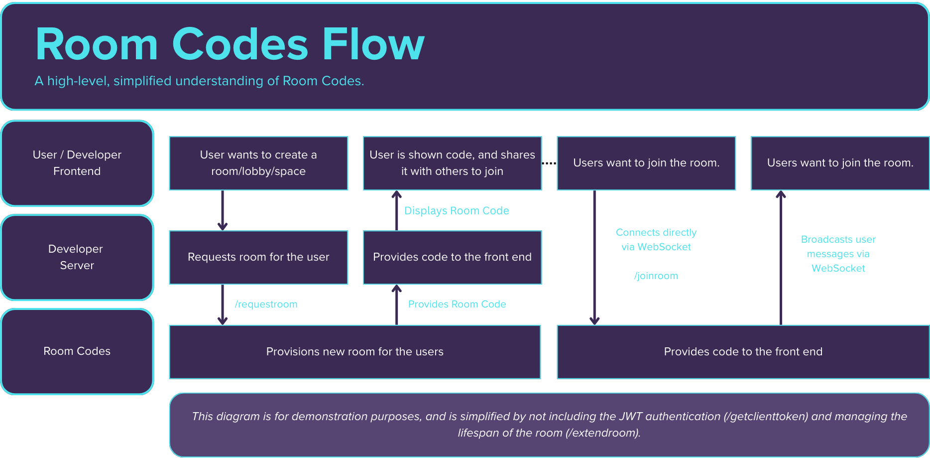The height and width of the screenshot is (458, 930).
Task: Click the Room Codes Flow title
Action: coord(230,44)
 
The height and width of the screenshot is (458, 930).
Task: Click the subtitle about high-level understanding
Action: coord(199,81)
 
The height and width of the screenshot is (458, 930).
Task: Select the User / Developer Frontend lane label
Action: coord(77,163)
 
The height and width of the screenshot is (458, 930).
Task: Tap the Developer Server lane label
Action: coord(77,257)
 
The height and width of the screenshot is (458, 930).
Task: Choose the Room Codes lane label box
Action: coord(77,351)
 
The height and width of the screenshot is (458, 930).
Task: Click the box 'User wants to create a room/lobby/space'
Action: coord(258,163)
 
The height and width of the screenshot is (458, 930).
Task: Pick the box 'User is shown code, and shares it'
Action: coord(452,163)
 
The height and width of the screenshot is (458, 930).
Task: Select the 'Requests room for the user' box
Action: coord(258,257)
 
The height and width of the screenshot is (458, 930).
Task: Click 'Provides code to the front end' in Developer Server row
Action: coord(452,257)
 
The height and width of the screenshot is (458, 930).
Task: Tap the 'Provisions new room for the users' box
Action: coord(354,352)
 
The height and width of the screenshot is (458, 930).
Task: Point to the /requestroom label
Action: coord(266,304)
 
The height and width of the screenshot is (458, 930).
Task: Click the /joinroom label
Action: coord(656,276)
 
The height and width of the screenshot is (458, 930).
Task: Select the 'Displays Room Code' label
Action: coord(457,210)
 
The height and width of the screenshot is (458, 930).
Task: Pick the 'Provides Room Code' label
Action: coord(457,304)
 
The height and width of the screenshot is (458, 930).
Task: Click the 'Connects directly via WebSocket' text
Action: coord(656,240)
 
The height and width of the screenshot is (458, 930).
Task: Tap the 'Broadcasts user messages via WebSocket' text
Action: coord(838,254)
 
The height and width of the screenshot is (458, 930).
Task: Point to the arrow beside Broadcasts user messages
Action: coord(781,257)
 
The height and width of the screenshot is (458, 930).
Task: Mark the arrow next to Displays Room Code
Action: coord(396,210)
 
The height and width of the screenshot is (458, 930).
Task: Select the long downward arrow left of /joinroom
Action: coord(594,257)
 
